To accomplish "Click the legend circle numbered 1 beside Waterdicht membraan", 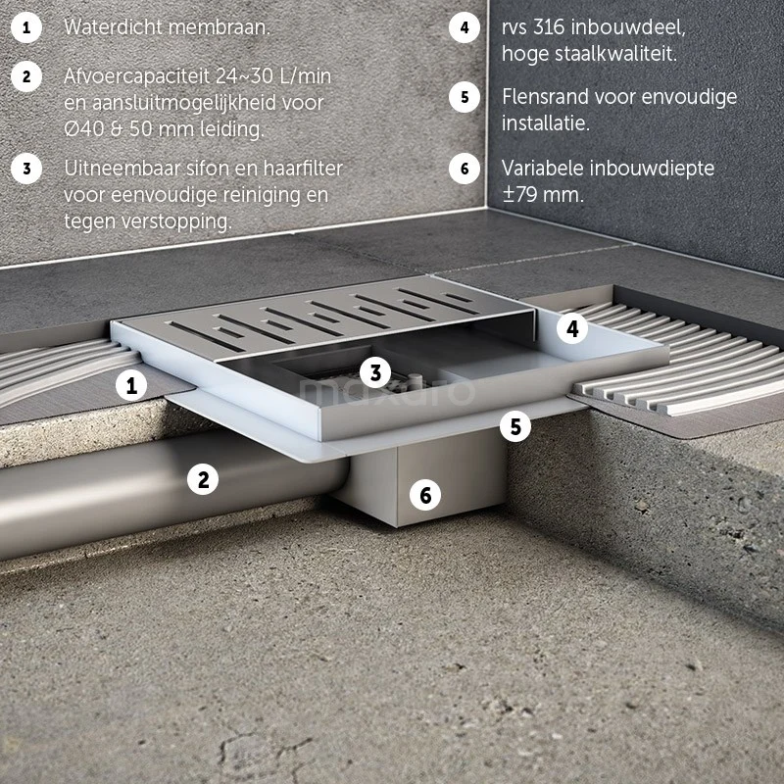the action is (26, 27).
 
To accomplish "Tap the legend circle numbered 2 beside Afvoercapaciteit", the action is (26, 76).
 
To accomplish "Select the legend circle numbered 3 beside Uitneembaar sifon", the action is (26, 169).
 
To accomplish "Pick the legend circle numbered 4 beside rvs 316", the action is (464, 27).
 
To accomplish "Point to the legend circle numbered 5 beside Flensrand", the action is (464, 97).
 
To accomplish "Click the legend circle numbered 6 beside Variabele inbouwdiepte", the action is (464, 169).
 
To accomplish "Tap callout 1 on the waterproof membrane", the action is (131, 385).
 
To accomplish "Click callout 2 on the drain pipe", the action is (203, 479).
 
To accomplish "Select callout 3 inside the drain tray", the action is (375, 372).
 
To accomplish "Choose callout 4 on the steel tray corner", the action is (572, 328).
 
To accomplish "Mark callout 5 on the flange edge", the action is (515, 426).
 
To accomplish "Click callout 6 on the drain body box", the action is (425, 495).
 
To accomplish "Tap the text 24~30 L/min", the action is (274, 76).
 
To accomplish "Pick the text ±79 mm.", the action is (543, 194).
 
